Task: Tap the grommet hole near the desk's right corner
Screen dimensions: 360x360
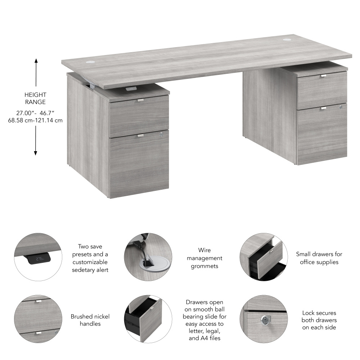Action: pyautogui.click(x=289, y=39)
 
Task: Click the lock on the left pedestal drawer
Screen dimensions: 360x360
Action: pyautogui.click(x=161, y=134)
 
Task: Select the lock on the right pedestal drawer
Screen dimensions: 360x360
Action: pyautogui.click(x=340, y=107)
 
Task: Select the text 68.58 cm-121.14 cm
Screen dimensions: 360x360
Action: pyautogui.click(x=35, y=120)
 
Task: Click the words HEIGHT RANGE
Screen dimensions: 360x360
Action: pyautogui.click(x=35, y=98)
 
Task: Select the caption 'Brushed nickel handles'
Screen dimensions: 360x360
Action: pyautogui.click(x=90, y=320)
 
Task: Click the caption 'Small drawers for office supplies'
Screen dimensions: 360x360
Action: pyautogui.click(x=319, y=258)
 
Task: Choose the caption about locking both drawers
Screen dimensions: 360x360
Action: pyautogui.click(x=319, y=320)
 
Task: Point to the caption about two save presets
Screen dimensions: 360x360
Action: pyautogui.click(x=90, y=258)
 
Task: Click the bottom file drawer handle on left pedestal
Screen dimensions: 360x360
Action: pyautogui.click(x=140, y=135)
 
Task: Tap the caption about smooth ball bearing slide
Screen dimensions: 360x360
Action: pyautogui.click(x=204, y=320)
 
